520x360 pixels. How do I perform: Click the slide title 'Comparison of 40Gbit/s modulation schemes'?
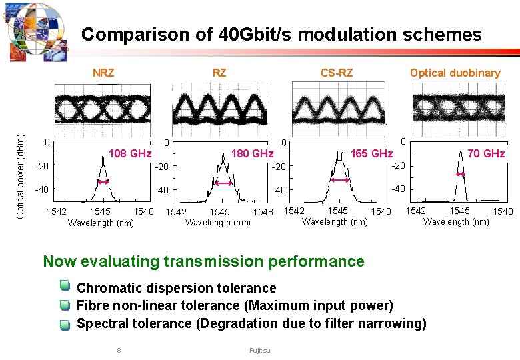[281, 35]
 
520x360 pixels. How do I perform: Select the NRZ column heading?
[103, 73]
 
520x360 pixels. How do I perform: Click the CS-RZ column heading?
[337, 73]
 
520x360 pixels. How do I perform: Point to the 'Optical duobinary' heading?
[455, 73]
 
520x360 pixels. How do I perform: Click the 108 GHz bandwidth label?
[130, 154]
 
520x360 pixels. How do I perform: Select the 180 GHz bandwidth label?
[252, 154]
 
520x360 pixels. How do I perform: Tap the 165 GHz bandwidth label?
[371, 154]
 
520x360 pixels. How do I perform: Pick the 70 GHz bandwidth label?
[486, 153]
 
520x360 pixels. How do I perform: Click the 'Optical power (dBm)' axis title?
[21, 175]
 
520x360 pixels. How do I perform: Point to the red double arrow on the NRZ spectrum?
[103, 181]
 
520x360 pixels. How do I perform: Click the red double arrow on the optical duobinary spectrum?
[460, 174]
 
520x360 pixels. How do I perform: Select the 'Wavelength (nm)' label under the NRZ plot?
[101, 223]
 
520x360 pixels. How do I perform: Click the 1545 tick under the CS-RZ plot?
[337, 211]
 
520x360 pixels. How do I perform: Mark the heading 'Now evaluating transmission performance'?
[203, 261]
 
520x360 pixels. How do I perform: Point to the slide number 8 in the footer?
[119, 350]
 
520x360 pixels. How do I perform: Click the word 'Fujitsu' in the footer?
[260, 350]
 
